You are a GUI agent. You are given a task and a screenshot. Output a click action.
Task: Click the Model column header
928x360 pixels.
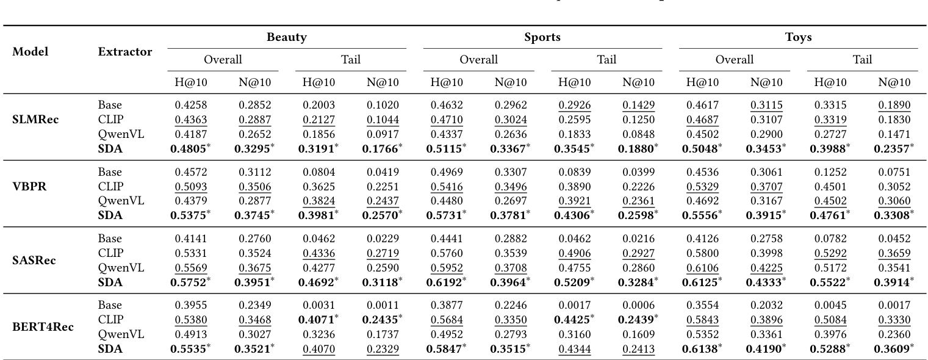(x=30, y=52)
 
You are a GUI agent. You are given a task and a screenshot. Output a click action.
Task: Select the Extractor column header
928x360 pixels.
(x=125, y=52)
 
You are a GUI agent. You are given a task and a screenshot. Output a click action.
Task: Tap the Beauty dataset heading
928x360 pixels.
(x=286, y=37)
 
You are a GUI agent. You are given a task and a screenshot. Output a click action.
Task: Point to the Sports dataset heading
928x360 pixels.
(x=542, y=37)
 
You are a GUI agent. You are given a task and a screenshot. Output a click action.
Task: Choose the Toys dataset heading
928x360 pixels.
(x=798, y=37)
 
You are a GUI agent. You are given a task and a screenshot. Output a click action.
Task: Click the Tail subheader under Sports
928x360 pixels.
(x=606, y=60)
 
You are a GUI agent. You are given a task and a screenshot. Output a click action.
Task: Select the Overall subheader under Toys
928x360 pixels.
(x=734, y=60)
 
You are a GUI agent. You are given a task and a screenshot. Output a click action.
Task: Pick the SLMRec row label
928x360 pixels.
(x=35, y=120)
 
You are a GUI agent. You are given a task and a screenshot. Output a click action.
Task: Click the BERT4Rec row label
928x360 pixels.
(x=43, y=327)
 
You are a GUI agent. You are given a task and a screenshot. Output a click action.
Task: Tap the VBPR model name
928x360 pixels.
(x=29, y=187)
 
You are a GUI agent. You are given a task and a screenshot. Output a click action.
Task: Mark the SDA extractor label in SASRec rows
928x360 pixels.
(x=110, y=282)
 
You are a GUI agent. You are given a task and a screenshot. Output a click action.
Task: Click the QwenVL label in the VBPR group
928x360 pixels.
(x=121, y=201)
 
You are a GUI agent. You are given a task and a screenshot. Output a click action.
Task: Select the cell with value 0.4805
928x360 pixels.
(x=190, y=148)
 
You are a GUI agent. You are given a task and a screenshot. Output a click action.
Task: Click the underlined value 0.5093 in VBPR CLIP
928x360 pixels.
(x=190, y=187)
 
